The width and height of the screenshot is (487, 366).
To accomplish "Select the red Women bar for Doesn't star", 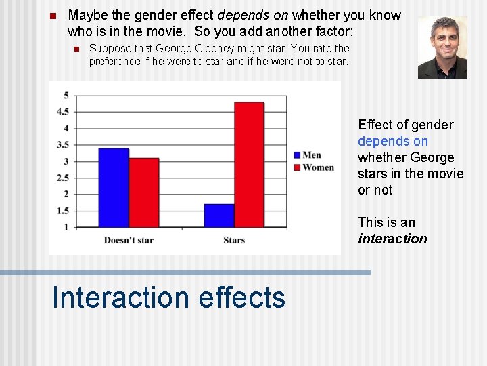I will tap(143, 192).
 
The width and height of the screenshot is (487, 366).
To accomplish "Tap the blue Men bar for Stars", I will tap(218, 216).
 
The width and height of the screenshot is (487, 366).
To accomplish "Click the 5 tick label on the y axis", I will tap(85, 95).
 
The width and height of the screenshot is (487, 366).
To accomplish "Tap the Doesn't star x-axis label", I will tap(129, 240).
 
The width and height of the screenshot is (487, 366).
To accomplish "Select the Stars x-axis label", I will tap(234, 240).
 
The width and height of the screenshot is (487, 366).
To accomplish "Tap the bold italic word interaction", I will tap(392, 239).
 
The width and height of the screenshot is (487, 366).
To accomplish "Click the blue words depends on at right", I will tap(392, 141).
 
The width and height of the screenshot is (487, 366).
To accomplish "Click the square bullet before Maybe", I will tap(53, 16).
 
